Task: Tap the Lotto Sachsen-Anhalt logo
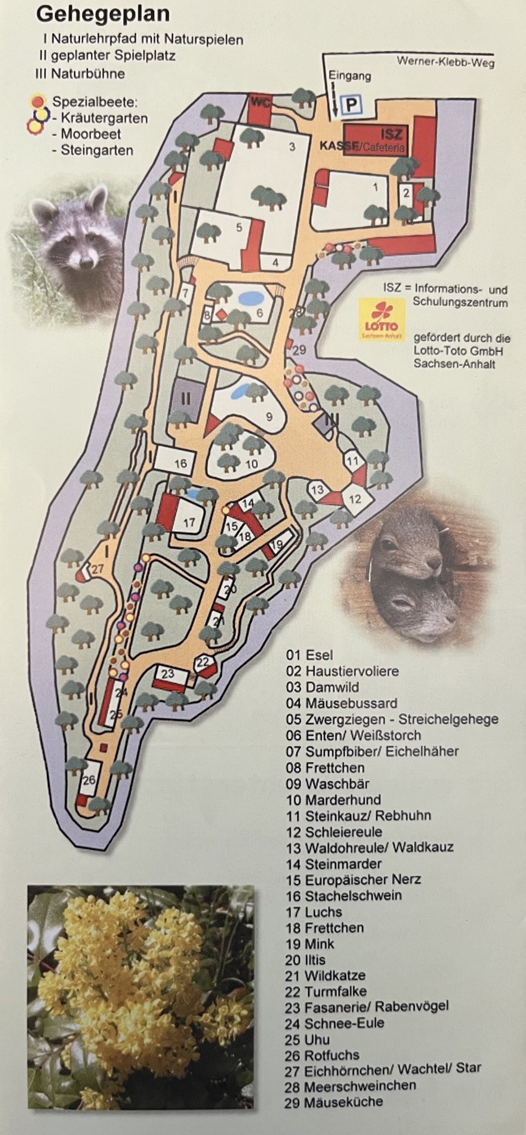(x=382, y=319)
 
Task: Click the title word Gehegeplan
(x=103, y=15)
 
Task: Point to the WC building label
(x=261, y=102)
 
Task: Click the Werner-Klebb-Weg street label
(x=445, y=61)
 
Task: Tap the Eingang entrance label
(x=350, y=76)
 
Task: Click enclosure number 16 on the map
(x=180, y=463)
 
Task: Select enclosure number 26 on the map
(x=89, y=780)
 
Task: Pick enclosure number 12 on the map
(x=355, y=498)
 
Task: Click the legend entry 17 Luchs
(x=313, y=912)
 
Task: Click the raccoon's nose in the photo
(x=84, y=259)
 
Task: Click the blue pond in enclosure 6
(x=250, y=299)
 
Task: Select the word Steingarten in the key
(x=97, y=150)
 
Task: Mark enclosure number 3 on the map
(x=292, y=147)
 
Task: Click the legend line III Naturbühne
(x=80, y=74)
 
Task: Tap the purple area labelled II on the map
(x=185, y=398)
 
